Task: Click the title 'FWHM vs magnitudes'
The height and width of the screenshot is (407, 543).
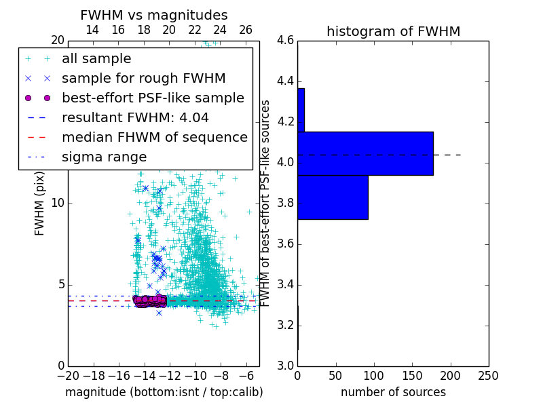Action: (154, 16)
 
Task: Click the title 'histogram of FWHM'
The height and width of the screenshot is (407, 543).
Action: (393, 31)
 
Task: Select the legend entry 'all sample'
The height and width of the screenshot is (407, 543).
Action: (96, 59)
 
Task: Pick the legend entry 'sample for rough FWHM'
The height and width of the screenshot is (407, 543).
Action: (143, 79)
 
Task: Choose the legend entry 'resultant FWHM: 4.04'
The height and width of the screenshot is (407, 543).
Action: (135, 118)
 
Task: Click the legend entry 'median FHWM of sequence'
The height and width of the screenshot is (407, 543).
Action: (154, 138)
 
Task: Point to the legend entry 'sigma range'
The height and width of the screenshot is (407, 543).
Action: (104, 157)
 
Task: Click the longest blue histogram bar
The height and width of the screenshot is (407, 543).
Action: (365, 153)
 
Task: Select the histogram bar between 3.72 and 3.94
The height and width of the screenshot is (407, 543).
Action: (333, 197)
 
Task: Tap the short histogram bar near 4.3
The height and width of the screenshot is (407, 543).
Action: (301, 110)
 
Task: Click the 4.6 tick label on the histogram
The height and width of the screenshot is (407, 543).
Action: (285, 41)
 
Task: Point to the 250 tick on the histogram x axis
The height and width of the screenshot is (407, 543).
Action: (488, 375)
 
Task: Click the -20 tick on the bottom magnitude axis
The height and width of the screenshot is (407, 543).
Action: (68, 375)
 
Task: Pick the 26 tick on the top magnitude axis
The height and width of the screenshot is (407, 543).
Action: (246, 30)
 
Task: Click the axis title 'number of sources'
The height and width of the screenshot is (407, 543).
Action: (393, 392)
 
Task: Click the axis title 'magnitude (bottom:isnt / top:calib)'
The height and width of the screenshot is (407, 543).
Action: (164, 392)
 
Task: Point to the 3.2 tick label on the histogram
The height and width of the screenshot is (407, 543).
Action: (285, 326)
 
